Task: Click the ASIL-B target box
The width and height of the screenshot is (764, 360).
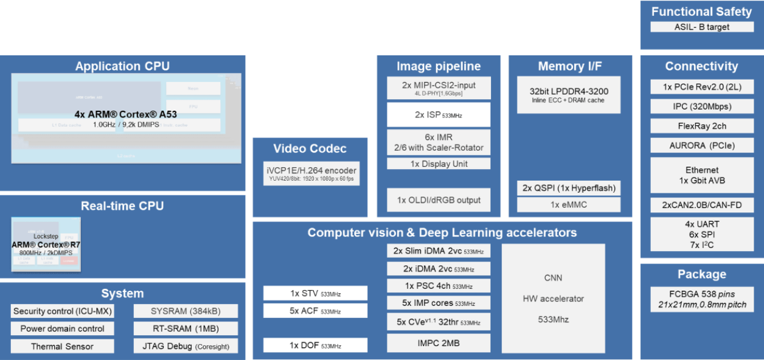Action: coord(701,27)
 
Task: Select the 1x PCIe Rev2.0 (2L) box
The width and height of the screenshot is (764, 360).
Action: coord(701,87)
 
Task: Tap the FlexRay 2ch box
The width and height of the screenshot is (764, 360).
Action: coord(701,126)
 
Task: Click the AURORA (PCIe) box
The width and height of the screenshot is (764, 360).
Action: coord(701,145)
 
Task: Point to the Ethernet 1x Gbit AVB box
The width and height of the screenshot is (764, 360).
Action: coord(701,175)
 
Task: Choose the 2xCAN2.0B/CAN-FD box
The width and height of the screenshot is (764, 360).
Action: coord(701,205)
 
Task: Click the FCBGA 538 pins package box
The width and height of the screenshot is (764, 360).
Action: coord(701,298)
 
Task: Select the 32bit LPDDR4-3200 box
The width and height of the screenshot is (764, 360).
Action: coord(569,95)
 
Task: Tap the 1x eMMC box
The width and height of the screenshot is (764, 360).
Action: coord(569,205)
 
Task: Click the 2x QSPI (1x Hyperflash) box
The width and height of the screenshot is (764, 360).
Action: coord(569,188)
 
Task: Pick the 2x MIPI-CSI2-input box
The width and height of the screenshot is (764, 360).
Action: coord(439,88)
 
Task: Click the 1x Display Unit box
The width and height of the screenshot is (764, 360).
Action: coord(439,164)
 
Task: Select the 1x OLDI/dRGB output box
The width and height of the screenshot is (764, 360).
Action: coord(439,200)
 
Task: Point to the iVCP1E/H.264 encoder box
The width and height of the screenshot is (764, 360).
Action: coord(311,174)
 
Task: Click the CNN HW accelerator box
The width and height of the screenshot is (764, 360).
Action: coord(553,298)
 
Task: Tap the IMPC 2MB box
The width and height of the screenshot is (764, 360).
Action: coord(439,343)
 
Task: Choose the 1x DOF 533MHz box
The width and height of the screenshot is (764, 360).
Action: coord(315,345)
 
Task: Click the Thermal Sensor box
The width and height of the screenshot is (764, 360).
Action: coord(63,346)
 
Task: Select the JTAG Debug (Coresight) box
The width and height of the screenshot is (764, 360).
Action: coord(186,346)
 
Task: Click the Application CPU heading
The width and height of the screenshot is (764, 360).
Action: coord(122,66)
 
